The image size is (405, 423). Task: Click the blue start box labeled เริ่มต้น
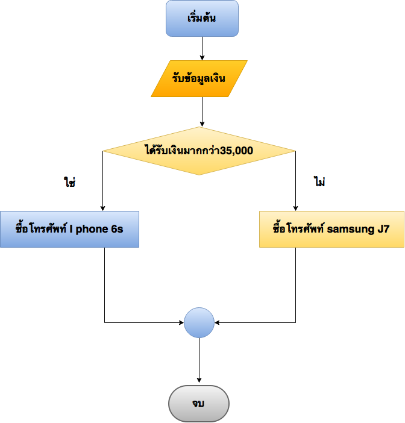(x=202, y=18)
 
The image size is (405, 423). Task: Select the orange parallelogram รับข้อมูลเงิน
(x=199, y=78)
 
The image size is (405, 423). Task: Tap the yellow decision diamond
(x=199, y=151)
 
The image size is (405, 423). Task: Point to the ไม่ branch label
(x=319, y=182)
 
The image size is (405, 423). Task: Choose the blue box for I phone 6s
(x=69, y=229)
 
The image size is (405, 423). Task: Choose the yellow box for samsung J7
(x=331, y=229)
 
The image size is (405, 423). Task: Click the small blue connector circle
(x=199, y=322)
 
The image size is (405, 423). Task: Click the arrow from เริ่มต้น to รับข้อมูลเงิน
(x=202, y=48)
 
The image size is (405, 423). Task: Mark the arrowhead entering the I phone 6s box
(x=103, y=207)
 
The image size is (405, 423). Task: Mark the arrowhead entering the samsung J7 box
(x=296, y=207)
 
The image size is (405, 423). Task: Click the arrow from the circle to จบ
(x=199, y=360)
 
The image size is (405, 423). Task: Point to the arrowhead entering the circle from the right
(x=218, y=322)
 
